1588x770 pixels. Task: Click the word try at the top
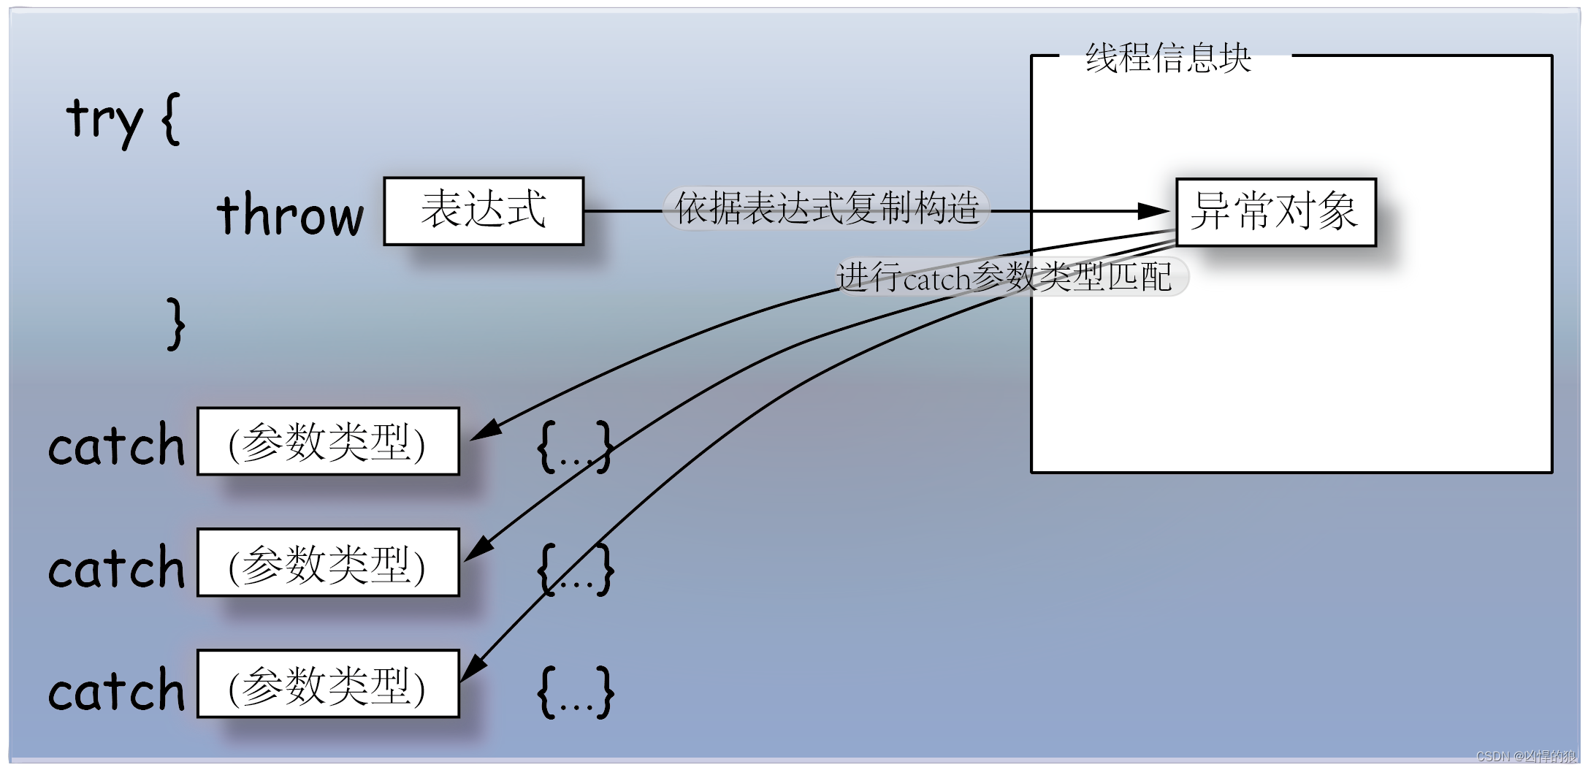click(104, 119)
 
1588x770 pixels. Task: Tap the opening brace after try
click(170, 118)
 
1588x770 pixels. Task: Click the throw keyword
click(290, 214)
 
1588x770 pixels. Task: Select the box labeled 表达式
click(484, 210)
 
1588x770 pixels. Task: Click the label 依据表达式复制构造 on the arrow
click(826, 209)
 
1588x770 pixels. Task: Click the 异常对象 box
click(1275, 212)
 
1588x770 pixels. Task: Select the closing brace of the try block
click(175, 324)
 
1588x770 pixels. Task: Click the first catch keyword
click(116, 444)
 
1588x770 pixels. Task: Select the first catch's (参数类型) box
click(328, 442)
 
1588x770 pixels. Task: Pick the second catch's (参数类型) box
click(328, 563)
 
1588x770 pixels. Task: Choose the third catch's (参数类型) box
click(328, 684)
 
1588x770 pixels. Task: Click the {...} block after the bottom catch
click(576, 691)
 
